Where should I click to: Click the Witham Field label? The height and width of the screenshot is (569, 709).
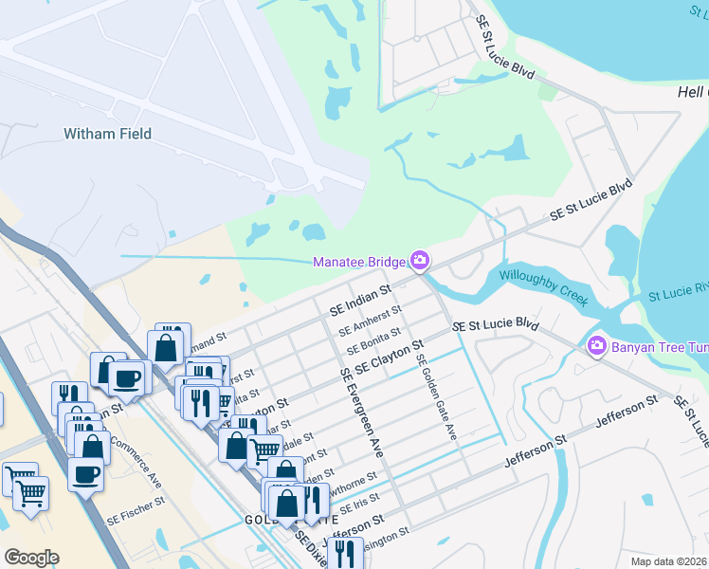tap(107, 134)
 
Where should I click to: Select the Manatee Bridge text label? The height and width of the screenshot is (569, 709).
tap(359, 262)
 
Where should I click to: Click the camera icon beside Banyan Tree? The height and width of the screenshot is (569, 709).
tap(597, 345)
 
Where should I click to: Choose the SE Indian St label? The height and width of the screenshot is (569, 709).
tap(360, 299)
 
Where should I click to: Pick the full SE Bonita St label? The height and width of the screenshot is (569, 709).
tap(373, 340)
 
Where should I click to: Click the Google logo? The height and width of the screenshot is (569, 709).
tap(31, 558)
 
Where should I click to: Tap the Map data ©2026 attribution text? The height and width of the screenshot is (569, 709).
tap(668, 561)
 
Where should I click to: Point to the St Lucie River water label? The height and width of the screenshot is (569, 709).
tap(678, 287)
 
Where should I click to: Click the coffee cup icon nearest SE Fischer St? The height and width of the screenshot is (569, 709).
tap(86, 474)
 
